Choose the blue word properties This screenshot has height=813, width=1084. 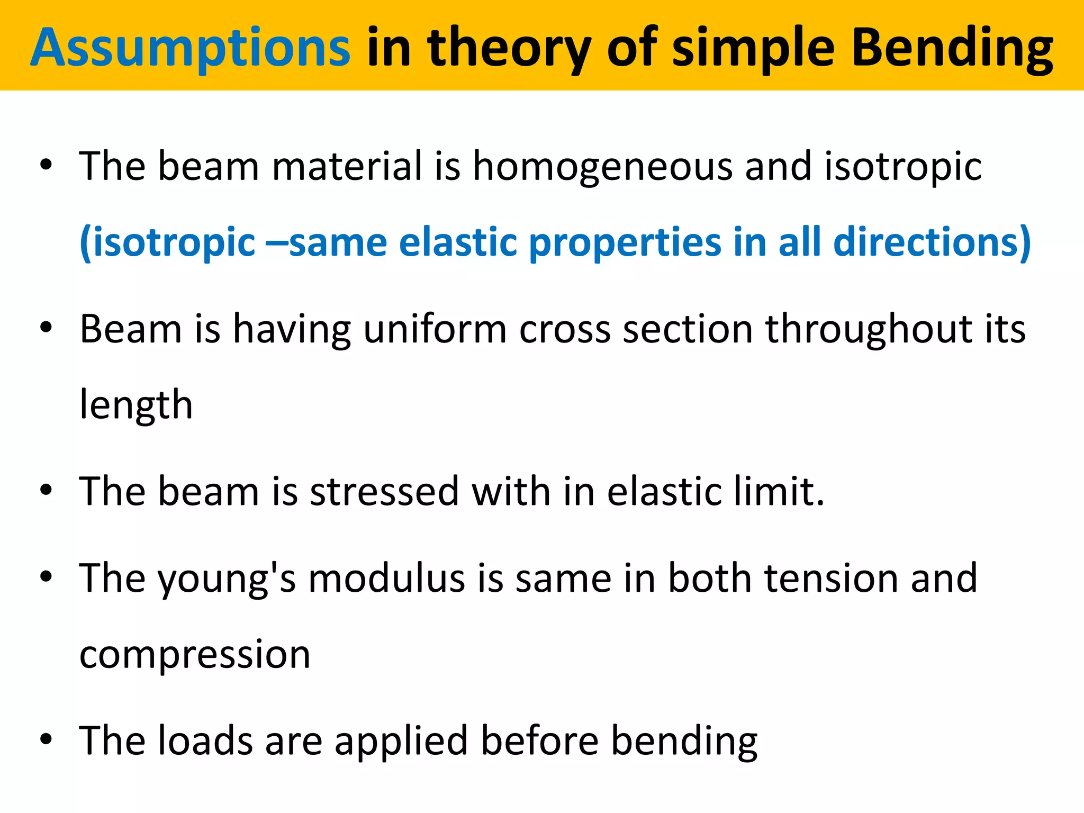tap(625, 242)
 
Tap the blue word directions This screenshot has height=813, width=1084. tap(932, 241)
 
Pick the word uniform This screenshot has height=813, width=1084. tap(435, 329)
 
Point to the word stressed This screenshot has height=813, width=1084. tap(384, 492)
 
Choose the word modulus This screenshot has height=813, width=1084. tap(387, 578)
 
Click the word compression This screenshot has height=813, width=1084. tap(195, 655)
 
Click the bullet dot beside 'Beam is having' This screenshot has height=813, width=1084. tap(46, 328)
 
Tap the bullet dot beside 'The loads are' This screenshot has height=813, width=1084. tap(46, 739)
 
